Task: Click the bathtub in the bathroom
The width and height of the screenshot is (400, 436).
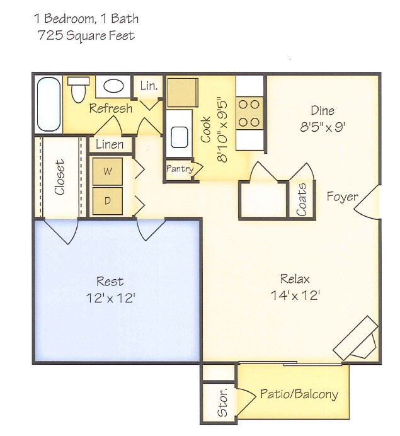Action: point(48,104)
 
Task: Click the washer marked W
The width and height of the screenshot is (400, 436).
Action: point(108,171)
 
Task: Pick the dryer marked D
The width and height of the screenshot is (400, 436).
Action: point(108,201)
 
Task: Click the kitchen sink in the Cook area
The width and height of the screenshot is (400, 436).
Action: point(179,135)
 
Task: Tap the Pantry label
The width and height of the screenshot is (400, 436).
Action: point(179,169)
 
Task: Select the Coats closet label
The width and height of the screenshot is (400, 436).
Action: point(302,199)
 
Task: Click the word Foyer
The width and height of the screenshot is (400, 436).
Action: point(342,197)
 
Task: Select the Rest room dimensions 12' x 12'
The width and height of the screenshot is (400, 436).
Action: point(110,297)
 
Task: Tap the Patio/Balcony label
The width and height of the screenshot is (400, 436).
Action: point(299,394)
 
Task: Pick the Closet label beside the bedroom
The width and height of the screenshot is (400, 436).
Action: point(60,178)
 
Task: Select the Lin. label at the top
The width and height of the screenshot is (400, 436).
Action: point(149,85)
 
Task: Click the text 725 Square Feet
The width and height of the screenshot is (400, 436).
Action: point(86,35)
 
